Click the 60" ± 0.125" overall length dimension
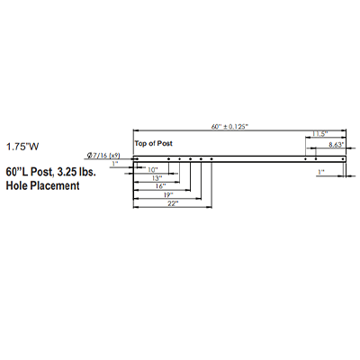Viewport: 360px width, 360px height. (229, 127)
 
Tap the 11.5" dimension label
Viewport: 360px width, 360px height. (320, 134)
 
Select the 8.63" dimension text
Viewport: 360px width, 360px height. (336, 145)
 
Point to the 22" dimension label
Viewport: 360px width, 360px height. (173, 203)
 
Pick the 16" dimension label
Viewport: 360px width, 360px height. (160, 186)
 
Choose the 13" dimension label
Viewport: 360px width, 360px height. (156, 178)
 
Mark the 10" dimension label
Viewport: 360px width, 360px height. (153, 170)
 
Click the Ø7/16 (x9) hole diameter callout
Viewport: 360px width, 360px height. (103, 156)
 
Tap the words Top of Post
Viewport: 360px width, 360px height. (154, 143)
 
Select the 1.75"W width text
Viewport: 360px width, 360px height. (22, 147)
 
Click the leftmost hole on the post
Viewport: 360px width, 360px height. (137, 159)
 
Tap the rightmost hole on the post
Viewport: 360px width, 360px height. (343, 159)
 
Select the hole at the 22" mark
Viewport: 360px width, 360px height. (211, 159)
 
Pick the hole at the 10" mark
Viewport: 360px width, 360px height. (169, 159)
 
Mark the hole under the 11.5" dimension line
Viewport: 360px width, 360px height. (305, 159)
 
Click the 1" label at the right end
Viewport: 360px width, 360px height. (321, 172)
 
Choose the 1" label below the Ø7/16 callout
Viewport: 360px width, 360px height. (114, 164)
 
